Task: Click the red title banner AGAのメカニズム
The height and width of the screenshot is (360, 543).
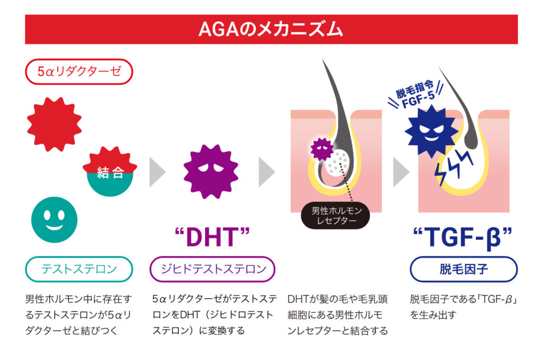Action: [271, 29]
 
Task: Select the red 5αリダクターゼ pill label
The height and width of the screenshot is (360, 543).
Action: [79, 72]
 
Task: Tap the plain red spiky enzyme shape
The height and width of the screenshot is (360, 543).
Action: [55, 124]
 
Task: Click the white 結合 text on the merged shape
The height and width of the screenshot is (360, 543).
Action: [110, 172]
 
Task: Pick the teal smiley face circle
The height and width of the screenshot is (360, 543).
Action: [55, 220]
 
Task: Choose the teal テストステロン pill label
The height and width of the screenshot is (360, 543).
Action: [79, 269]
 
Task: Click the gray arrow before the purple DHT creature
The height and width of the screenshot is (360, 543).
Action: [157, 172]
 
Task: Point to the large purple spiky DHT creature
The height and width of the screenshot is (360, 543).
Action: [211, 172]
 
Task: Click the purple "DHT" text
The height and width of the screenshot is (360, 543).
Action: [212, 238]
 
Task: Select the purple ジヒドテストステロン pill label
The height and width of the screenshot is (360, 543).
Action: [212, 269]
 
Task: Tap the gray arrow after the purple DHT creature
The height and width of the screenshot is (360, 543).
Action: [267, 172]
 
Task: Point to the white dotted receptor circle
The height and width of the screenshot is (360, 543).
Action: [337, 162]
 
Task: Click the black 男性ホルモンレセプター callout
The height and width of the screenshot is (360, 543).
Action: [335, 215]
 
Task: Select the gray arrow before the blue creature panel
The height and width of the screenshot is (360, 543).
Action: [401, 172]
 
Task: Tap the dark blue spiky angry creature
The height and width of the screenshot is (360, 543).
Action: [431, 131]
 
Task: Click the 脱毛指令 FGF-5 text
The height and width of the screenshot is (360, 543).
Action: [415, 94]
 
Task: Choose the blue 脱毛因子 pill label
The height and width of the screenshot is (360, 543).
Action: [463, 269]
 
